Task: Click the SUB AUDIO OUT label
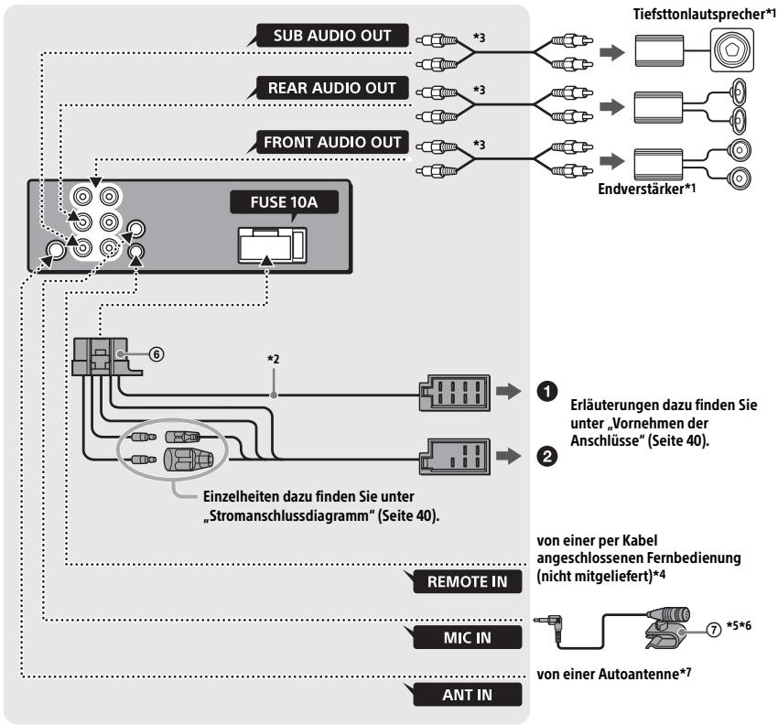point(332,36)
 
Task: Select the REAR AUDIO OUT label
point(332,88)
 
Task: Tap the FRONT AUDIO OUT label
point(332,143)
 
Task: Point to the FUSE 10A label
point(284,202)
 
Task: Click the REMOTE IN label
point(468,581)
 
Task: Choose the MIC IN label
point(468,638)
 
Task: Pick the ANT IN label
point(468,695)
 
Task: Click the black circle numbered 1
point(546,392)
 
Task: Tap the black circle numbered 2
point(546,456)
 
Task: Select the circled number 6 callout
point(157,354)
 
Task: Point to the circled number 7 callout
point(714,630)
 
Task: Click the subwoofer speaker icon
point(732,49)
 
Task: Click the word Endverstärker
point(641,189)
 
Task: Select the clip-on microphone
point(667,627)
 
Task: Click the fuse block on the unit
point(273,245)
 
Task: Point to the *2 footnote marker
point(274,358)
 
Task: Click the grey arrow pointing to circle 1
point(509,392)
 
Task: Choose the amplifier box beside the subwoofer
point(659,50)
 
